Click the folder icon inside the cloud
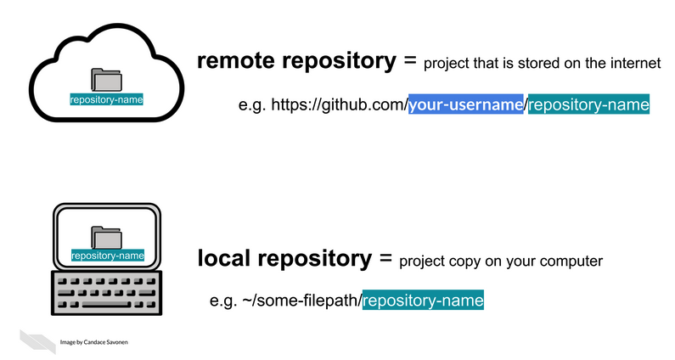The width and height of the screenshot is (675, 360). click(x=106, y=80)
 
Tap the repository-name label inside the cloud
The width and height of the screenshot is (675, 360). click(x=106, y=99)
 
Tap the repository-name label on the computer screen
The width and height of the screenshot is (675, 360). click(x=107, y=255)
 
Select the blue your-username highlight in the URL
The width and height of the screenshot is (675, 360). click(x=465, y=105)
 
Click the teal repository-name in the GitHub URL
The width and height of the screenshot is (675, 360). click(x=588, y=105)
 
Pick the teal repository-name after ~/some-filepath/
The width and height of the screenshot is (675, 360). click(x=423, y=300)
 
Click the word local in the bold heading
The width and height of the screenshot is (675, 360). click(x=222, y=259)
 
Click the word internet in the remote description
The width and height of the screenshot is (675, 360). click(x=637, y=65)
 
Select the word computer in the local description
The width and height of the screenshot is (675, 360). click(x=573, y=262)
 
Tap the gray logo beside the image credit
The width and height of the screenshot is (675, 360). click(x=38, y=340)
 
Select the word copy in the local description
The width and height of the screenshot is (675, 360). click(x=466, y=262)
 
